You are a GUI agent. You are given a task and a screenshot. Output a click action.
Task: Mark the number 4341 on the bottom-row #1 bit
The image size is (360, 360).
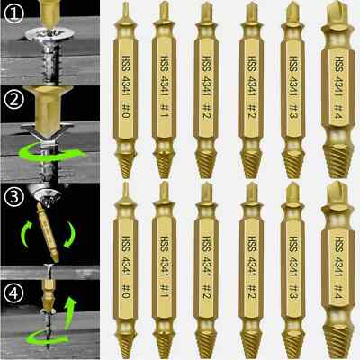click(x=166, y=262)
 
